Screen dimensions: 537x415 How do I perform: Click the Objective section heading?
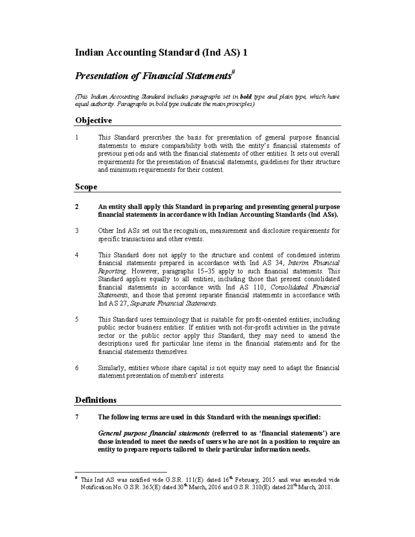tap(93, 121)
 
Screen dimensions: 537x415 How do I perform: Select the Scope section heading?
tap(86, 187)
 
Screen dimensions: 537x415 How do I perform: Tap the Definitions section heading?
tap(95, 400)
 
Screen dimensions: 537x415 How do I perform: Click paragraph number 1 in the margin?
tap(77, 138)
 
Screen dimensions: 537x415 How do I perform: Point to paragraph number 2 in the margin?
tap(77, 207)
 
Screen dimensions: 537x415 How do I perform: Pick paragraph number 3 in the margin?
tap(77, 231)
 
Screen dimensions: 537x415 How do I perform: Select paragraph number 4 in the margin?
tap(77, 255)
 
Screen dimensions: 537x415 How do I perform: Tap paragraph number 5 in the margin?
tap(77, 320)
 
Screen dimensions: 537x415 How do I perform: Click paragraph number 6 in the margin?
tap(77, 368)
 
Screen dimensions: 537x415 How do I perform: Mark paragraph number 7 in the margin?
tap(77, 417)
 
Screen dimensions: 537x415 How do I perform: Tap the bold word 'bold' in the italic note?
tap(246, 97)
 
